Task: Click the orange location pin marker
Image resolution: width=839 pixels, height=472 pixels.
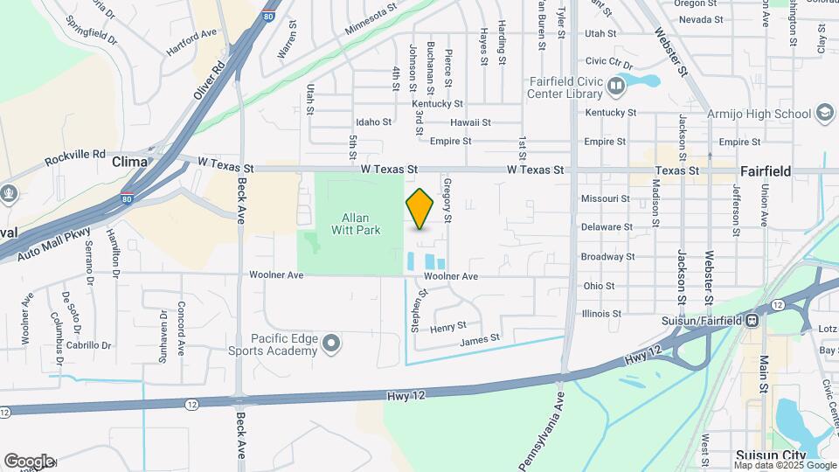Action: pos(419,209)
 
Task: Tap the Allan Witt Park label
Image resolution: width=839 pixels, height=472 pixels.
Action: pos(356,224)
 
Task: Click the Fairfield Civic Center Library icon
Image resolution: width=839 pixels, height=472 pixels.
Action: pos(616,86)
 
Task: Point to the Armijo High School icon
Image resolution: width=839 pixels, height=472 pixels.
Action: pos(823,113)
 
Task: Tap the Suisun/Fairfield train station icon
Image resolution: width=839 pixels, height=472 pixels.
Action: pos(750,320)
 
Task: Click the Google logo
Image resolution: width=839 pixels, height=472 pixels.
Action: pos(29,461)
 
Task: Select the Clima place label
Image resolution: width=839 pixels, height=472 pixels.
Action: pos(128,162)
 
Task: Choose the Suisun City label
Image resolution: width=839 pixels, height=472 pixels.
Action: pos(769,455)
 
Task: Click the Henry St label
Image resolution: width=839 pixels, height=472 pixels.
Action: pos(448,326)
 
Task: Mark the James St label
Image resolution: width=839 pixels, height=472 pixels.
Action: pos(479,337)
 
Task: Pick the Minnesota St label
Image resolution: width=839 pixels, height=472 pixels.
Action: pos(371,18)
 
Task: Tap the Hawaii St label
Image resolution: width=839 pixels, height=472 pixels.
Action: pos(470,122)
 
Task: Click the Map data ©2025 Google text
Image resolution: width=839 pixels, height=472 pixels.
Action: pos(786,466)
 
